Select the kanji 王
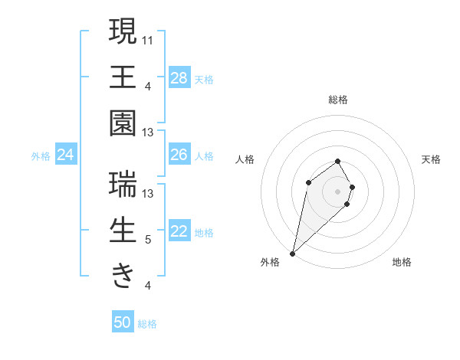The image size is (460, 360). pyautogui.click(x=123, y=77)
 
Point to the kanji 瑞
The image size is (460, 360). pyautogui.click(x=123, y=185)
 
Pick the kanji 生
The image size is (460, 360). pyautogui.click(x=123, y=231)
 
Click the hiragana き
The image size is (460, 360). pyautogui.click(x=123, y=275)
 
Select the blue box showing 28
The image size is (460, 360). pyautogui.click(x=179, y=77)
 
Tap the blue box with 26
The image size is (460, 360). pyautogui.click(x=179, y=155)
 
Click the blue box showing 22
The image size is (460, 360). pyautogui.click(x=179, y=232)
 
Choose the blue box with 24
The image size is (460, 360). pyautogui.click(x=66, y=155)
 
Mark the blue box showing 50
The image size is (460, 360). pyautogui.click(x=123, y=322)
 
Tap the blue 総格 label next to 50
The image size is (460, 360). pyautogui.click(x=147, y=324)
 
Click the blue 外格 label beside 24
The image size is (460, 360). pyautogui.click(x=41, y=156)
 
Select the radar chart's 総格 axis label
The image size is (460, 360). pyautogui.click(x=338, y=100)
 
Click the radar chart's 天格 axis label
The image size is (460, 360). pyautogui.click(x=431, y=159)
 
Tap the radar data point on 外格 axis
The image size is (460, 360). pyautogui.click(x=293, y=254)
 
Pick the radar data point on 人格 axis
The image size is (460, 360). pyautogui.click(x=308, y=182)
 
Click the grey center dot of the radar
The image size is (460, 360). pyautogui.click(x=338, y=191)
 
